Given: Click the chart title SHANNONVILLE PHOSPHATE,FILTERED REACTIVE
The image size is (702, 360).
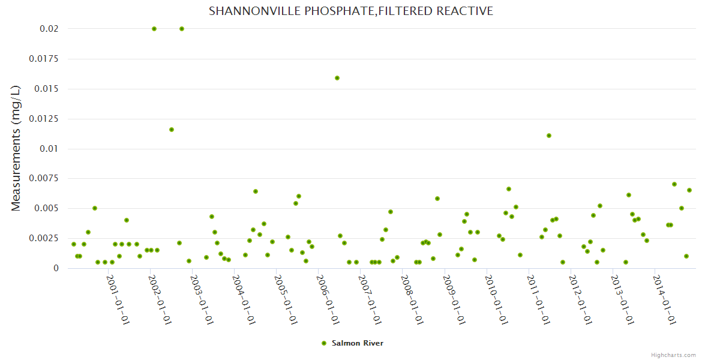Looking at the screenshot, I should pyautogui.click(x=351, y=11).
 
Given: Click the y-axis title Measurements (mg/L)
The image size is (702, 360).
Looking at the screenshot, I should pyautogui.click(x=16, y=148).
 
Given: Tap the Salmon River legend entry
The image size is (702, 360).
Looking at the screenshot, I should pyautogui.click(x=352, y=343).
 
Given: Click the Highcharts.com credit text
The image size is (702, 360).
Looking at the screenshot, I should pyautogui.click(x=673, y=355).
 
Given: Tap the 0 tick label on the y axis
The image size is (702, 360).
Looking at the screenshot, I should pyautogui.click(x=56, y=268).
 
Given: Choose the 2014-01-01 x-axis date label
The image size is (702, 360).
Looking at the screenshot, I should pyautogui.click(x=664, y=299).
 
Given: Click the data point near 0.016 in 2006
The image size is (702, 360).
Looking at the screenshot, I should pyautogui.click(x=337, y=78).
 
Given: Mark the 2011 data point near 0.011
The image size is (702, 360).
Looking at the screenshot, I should pyautogui.click(x=549, y=136).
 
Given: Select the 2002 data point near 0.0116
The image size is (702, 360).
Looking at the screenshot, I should pyautogui.click(x=172, y=130).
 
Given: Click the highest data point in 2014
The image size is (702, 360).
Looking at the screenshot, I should pyautogui.click(x=674, y=184).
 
